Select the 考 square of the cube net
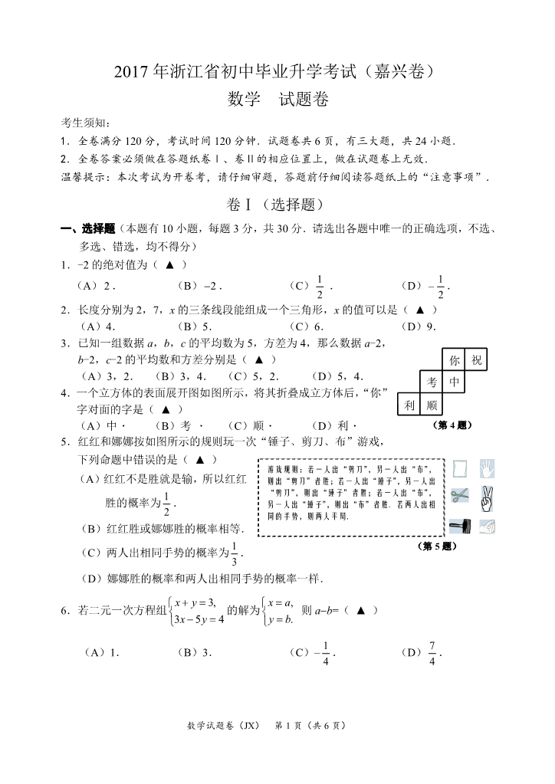tap(432, 382)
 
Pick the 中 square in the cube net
tap(454, 382)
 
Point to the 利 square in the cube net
tap(409, 404)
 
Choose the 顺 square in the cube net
tap(432, 404)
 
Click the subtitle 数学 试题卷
tap(277, 100)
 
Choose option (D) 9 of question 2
tap(419, 326)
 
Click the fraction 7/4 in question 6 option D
tap(432, 653)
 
